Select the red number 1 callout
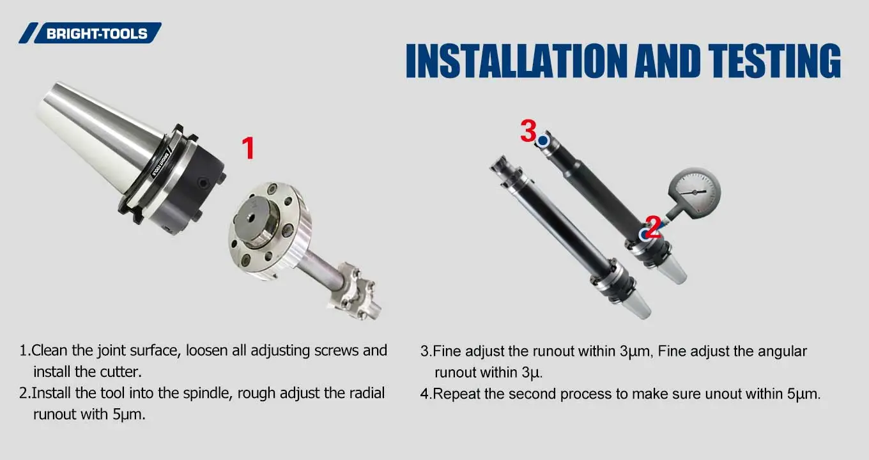click(247, 148)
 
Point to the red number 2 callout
click(653, 227)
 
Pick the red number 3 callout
click(528, 131)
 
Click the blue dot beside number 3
click(543, 141)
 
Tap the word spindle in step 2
click(206, 393)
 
